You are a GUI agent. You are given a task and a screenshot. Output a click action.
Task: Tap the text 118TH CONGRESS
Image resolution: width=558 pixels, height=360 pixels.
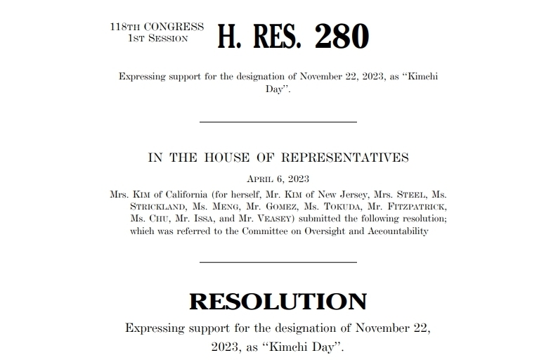click(x=157, y=27)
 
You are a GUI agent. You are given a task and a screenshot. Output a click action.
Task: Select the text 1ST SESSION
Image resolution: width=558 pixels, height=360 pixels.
click(x=157, y=38)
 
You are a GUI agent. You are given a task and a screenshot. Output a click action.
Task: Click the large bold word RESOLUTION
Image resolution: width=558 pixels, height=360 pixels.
click(x=278, y=301)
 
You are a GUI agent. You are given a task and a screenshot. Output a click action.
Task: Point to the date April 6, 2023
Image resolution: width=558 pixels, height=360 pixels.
click(x=278, y=179)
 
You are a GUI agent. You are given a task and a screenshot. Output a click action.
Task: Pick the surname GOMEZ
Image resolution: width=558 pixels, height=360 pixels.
click(x=306, y=207)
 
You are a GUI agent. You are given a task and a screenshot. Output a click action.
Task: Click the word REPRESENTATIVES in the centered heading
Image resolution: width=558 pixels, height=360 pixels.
click(x=345, y=157)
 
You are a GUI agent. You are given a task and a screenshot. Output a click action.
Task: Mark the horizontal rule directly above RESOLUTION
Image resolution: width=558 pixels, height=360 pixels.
click(x=278, y=262)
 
